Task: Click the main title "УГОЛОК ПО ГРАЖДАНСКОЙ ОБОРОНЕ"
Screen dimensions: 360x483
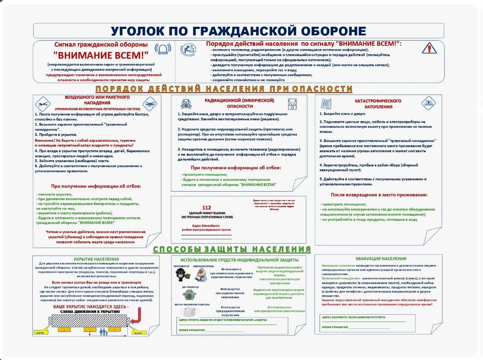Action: pos(238,31)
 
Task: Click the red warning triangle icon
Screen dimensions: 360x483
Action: pos(429,47)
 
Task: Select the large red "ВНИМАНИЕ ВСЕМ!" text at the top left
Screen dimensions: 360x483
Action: pos(100,55)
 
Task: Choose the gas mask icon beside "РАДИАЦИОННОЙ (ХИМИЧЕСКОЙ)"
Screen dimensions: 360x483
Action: pos(186,104)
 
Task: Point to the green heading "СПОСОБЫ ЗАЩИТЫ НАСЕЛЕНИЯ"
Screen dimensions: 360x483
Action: pos(232,249)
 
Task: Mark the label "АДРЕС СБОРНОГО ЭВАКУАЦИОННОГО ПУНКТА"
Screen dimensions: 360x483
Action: pos(354,317)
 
